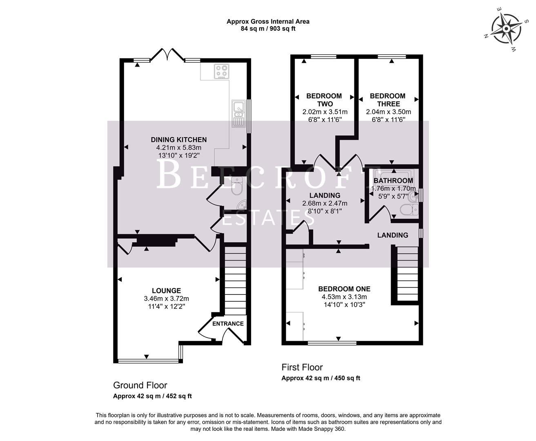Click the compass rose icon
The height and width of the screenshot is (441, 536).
pos(505,29)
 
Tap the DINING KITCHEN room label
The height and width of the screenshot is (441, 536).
pos(179,140)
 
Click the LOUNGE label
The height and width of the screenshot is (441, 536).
pos(166,291)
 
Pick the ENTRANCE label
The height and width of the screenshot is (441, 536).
pos(228,324)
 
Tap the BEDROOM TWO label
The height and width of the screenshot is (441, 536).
pos(324,100)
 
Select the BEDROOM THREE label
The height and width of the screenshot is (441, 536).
pos(387,100)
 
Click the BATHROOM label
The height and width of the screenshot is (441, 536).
pos(393,180)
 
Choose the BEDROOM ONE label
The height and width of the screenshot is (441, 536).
pos(344,289)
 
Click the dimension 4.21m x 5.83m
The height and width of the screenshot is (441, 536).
pos(179,147)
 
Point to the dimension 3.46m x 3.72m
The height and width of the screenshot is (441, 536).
pos(166,298)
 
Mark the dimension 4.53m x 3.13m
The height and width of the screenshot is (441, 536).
pos(344,297)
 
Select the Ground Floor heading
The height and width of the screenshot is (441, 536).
pos(140,385)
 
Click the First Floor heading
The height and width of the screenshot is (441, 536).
pos(302,367)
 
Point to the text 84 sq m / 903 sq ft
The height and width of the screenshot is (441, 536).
pos(268,29)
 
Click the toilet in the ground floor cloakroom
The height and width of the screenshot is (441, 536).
pos(236,187)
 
